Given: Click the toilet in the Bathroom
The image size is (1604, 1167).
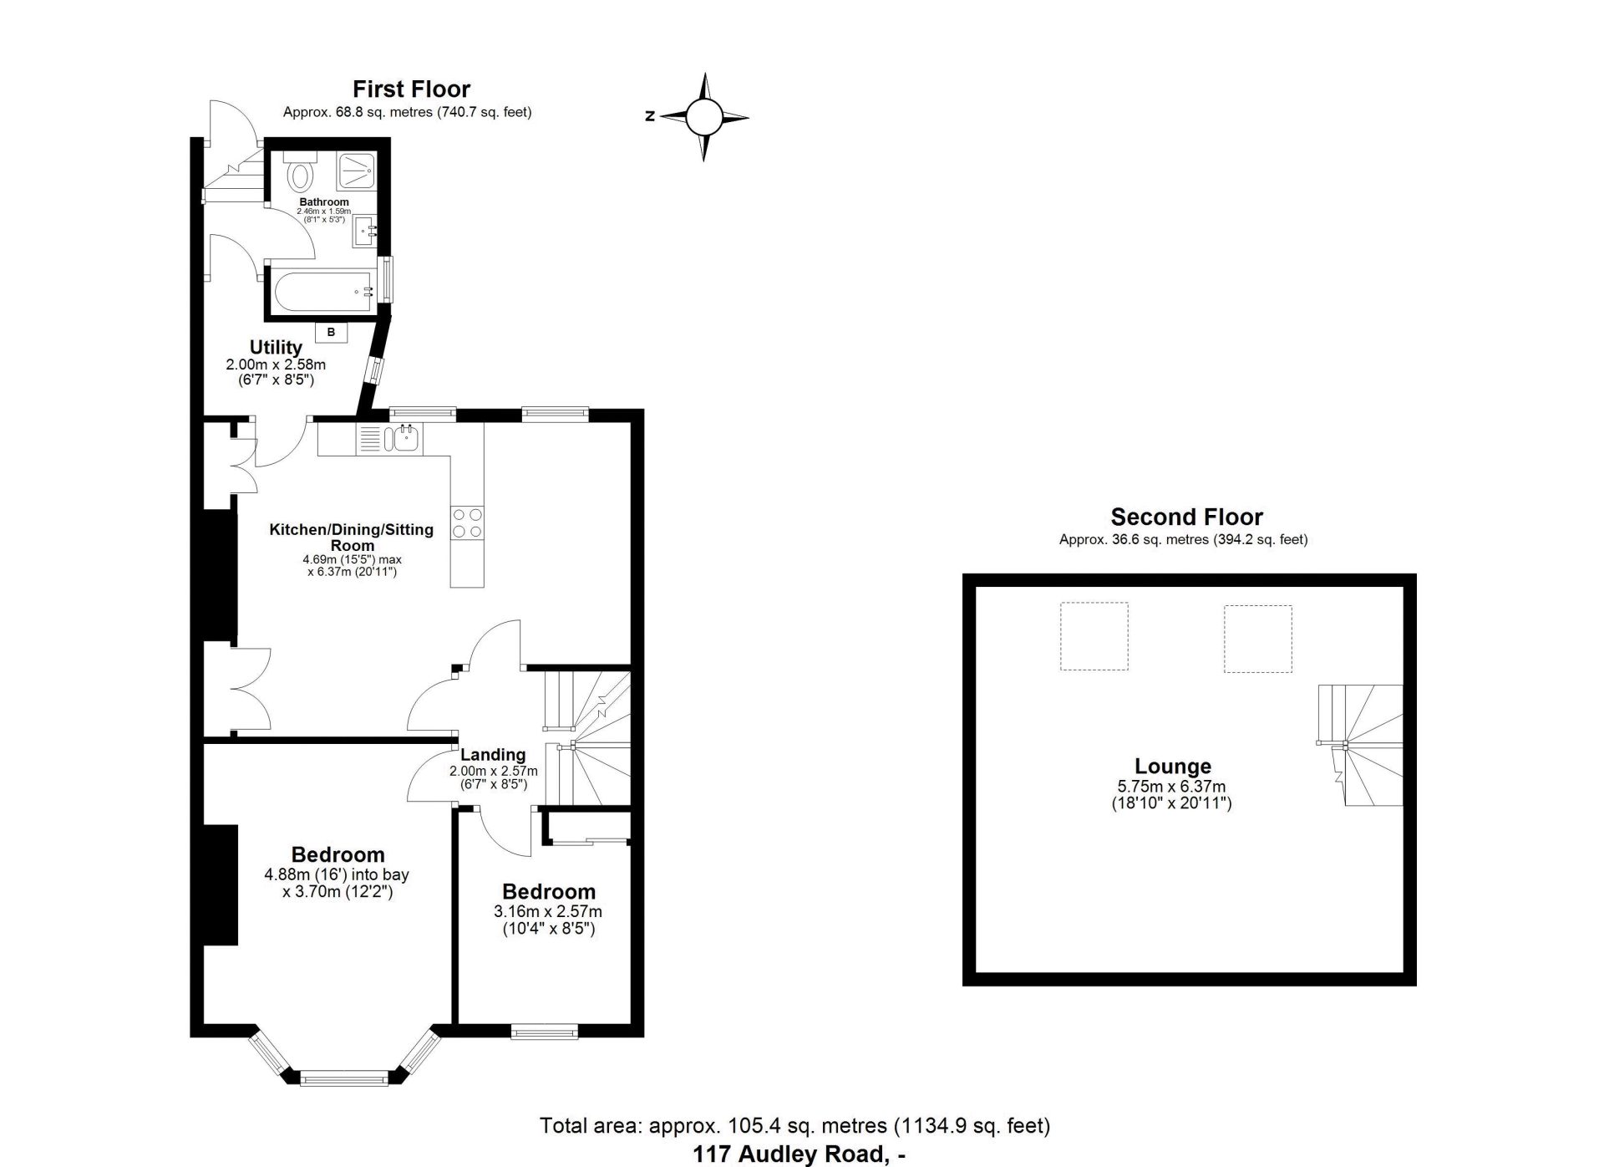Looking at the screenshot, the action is coord(299,171).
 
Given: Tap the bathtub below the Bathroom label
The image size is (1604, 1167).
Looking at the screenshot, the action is coord(322,291).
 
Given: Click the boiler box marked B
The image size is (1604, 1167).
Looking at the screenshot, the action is coord(331,332).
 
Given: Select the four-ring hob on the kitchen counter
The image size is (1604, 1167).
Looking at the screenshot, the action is coord(467,522).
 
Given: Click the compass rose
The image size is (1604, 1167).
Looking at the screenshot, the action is coord(703,117).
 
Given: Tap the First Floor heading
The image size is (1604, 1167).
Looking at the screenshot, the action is coord(411,89).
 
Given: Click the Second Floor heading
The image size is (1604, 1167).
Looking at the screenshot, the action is coord(1186,517).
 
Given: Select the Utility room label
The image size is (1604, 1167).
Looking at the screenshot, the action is coord(276,347).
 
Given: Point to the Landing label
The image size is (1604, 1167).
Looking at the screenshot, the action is coord(493,755).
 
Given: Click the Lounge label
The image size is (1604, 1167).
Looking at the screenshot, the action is coord(1173,766).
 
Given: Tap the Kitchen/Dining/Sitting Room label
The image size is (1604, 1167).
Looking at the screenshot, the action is coord(351,537).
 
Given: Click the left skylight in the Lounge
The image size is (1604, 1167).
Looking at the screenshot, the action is coord(1094,636).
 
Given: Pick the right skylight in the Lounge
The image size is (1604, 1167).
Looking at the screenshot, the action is coord(1258,639).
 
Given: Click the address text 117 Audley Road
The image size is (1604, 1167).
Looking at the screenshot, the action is coord(799,1154).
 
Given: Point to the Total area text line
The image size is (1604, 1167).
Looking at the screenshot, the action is coord(795,1125).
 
